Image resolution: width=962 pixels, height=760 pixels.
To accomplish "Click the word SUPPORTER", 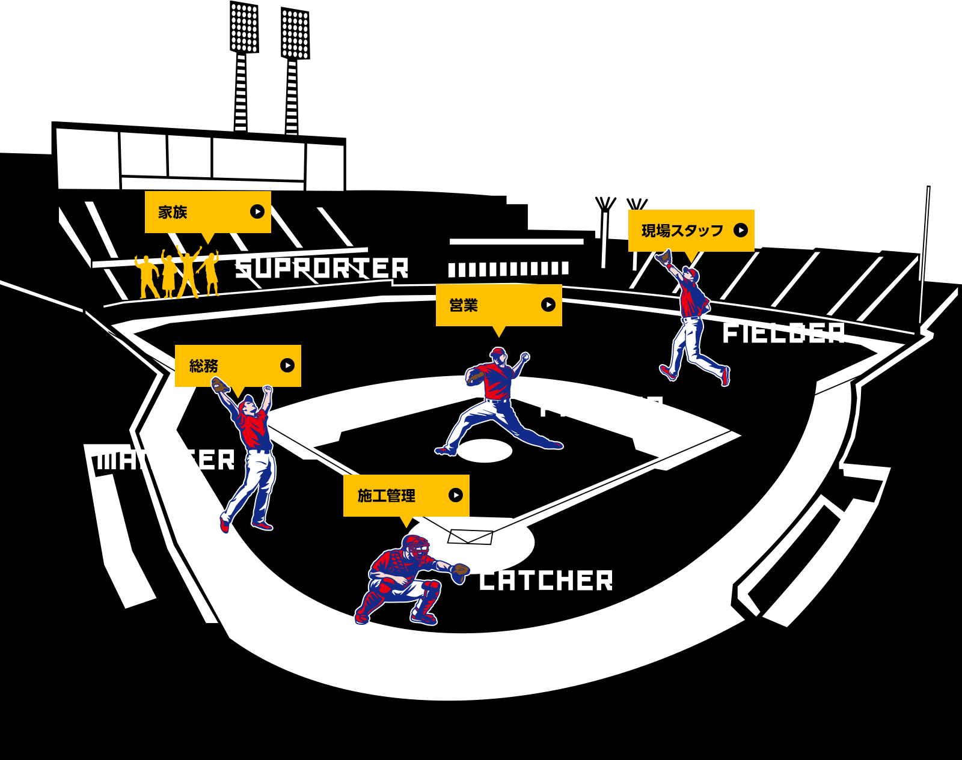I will pos(322,268).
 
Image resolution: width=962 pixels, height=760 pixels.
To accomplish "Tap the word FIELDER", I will pos(783,333).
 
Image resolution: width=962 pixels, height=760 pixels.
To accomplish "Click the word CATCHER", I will pos(546,581).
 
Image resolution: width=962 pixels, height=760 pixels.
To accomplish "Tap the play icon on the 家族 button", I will pos(257,211).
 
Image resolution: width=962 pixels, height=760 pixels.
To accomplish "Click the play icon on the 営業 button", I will pos(548,305).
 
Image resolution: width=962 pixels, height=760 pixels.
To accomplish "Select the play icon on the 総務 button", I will pos(287,365).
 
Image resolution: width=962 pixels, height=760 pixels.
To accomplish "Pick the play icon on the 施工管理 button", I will pos(456,495).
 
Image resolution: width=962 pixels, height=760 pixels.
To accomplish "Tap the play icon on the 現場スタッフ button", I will pos(741,230).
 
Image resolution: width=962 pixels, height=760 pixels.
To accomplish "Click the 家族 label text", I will pos(173,212).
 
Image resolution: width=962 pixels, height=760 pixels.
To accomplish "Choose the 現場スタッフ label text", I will pos(682,231).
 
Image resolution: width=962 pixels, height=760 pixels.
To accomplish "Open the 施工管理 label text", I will pos(386,496).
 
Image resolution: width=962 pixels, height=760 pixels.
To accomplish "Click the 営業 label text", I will pos(463,305).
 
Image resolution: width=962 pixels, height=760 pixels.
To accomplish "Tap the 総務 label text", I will pos(203,366).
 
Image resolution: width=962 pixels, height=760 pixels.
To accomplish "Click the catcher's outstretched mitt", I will pos(461,571).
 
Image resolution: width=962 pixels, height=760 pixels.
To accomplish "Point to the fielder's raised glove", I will pos(664,257).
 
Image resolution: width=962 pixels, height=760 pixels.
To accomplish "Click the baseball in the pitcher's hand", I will pos(525,356).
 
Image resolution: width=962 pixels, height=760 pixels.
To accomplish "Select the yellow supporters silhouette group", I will pos(177,274).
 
